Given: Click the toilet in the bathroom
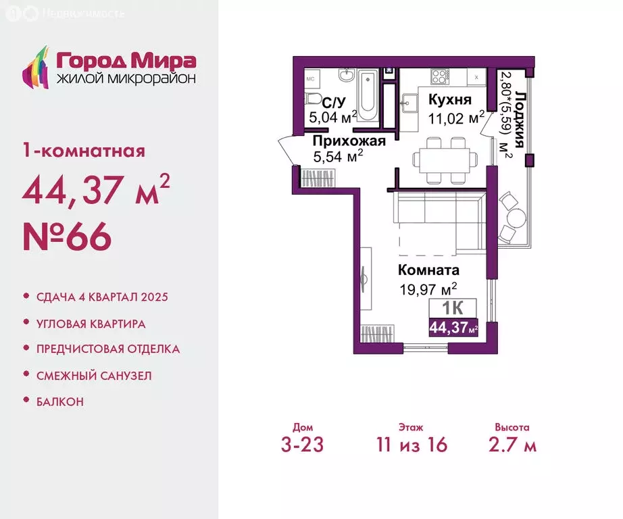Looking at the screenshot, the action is click(x=313, y=99).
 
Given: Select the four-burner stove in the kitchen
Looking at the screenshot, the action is click(x=441, y=76).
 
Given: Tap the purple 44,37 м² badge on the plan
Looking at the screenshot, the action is click(x=453, y=328).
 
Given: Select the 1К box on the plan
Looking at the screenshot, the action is click(x=453, y=308).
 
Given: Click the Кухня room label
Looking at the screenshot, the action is click(x=450, y=99).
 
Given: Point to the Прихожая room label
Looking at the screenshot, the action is click(x=349, y=141).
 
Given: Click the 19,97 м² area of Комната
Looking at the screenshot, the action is click(x=428, y=289).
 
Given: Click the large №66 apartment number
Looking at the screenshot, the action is click(x=67, y=236).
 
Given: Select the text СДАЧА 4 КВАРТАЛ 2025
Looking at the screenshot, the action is click(x=102, y=297).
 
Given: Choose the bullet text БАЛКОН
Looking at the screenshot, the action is click(x=60, y=402).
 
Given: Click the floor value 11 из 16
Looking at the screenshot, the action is click(x=412, y=445).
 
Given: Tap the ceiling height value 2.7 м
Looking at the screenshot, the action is click(x=513, y=445).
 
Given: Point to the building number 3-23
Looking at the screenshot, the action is click(x=302, y=445).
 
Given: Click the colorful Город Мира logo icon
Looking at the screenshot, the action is click(x=36, y=67).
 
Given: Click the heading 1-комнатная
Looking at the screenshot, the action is click(x=84, y=151).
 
